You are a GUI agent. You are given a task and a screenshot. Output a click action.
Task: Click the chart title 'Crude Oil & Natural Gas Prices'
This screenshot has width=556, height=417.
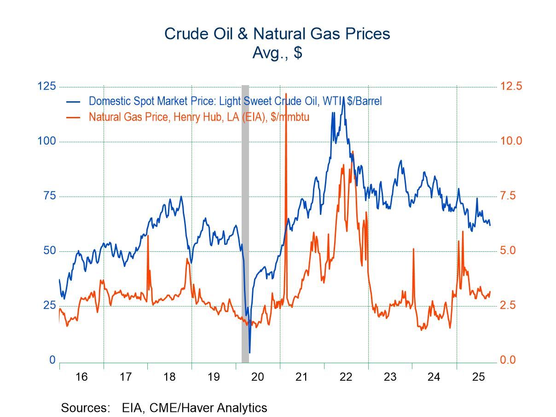tap(277, 34)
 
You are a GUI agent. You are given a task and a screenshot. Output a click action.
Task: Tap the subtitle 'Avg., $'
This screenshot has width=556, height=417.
tap(277, 53)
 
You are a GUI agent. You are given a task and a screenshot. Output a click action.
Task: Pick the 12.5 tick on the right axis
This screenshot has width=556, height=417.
tap(511, 87)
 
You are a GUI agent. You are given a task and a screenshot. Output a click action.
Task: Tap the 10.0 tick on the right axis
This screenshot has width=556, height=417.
tap(511, 141)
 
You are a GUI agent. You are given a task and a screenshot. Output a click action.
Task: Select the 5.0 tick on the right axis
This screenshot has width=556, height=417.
tap(511, 251)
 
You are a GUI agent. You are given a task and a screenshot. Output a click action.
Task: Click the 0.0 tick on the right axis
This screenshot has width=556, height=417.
tap(511, 360)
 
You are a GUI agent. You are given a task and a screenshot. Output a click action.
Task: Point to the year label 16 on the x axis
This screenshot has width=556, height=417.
tap(81, 377)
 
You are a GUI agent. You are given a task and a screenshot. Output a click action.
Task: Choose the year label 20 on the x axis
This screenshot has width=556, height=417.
tap(257, 377)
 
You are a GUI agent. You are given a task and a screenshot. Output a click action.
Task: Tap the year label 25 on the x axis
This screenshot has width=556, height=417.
tap(478, 377)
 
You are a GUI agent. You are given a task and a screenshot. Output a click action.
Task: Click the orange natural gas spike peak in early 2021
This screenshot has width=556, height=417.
tap(286, 94)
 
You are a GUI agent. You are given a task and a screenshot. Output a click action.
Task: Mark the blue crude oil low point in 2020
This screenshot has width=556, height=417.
tap(249, 352)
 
